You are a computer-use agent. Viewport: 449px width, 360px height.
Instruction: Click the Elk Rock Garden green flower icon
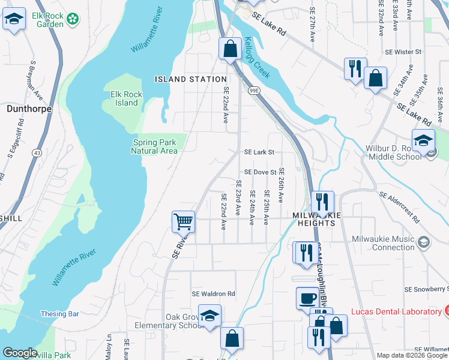pyautogui.click(x=73, y=19)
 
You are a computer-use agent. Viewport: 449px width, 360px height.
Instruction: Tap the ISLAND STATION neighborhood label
pyautogui.click(x=191, y=79)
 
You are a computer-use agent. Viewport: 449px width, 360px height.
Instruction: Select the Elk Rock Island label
pyautogui.click(x=124, y=98)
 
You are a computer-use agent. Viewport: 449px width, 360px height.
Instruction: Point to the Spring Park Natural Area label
pyautogui.click(x=154, y=147)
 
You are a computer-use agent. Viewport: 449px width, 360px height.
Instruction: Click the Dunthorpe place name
pyautogui.click(x=28, y=109)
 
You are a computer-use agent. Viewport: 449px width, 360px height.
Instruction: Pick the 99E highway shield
pyautogui.click(x=254, y=91)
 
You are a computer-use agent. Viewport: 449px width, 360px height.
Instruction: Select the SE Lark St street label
pyautogui.click(x=259, y=152)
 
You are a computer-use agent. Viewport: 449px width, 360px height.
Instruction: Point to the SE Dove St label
pyautogui.click(x=260, y=172)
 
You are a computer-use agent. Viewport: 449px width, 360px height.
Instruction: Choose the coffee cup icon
pyautogui.click(x=308, y=297)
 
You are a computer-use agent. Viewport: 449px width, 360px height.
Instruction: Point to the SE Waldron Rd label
pyautogui.click(x=213, y=294)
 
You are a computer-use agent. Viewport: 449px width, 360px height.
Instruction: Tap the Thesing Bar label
pyautogui.click(x=60, y=314)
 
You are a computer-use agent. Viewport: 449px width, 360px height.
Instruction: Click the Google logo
pyautogui.click(x=20, y=353)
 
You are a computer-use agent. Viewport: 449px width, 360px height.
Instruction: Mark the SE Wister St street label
pyautogui.click(x=404, y=52)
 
